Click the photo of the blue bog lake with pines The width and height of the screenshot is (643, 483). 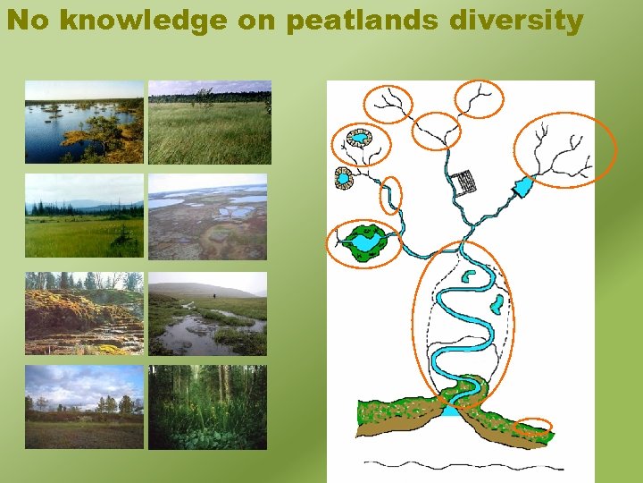coord(84,122)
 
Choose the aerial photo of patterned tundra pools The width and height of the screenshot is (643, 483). coord(207,217)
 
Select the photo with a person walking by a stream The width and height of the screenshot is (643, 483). coord(207,314)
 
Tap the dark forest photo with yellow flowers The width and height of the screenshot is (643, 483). coord(207,407)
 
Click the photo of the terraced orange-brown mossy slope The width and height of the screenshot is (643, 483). coord(84,314)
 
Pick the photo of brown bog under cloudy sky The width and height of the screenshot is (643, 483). coord(84,407)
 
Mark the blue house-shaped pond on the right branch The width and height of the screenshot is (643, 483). coord(522,186)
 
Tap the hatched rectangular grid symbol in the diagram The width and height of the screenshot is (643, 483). coord(463,182)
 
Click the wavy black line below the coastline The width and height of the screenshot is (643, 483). coord(464,465)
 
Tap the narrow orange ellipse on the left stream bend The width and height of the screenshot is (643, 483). coord(391,196)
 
